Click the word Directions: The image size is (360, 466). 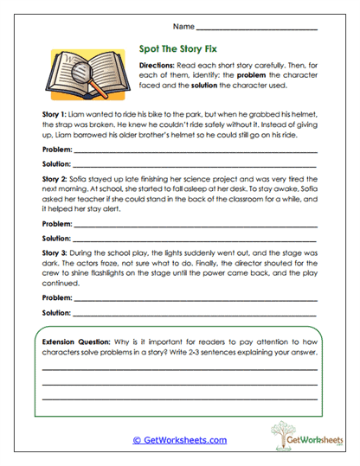click(157, 65)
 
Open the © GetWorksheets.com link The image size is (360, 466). click(179, 440)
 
